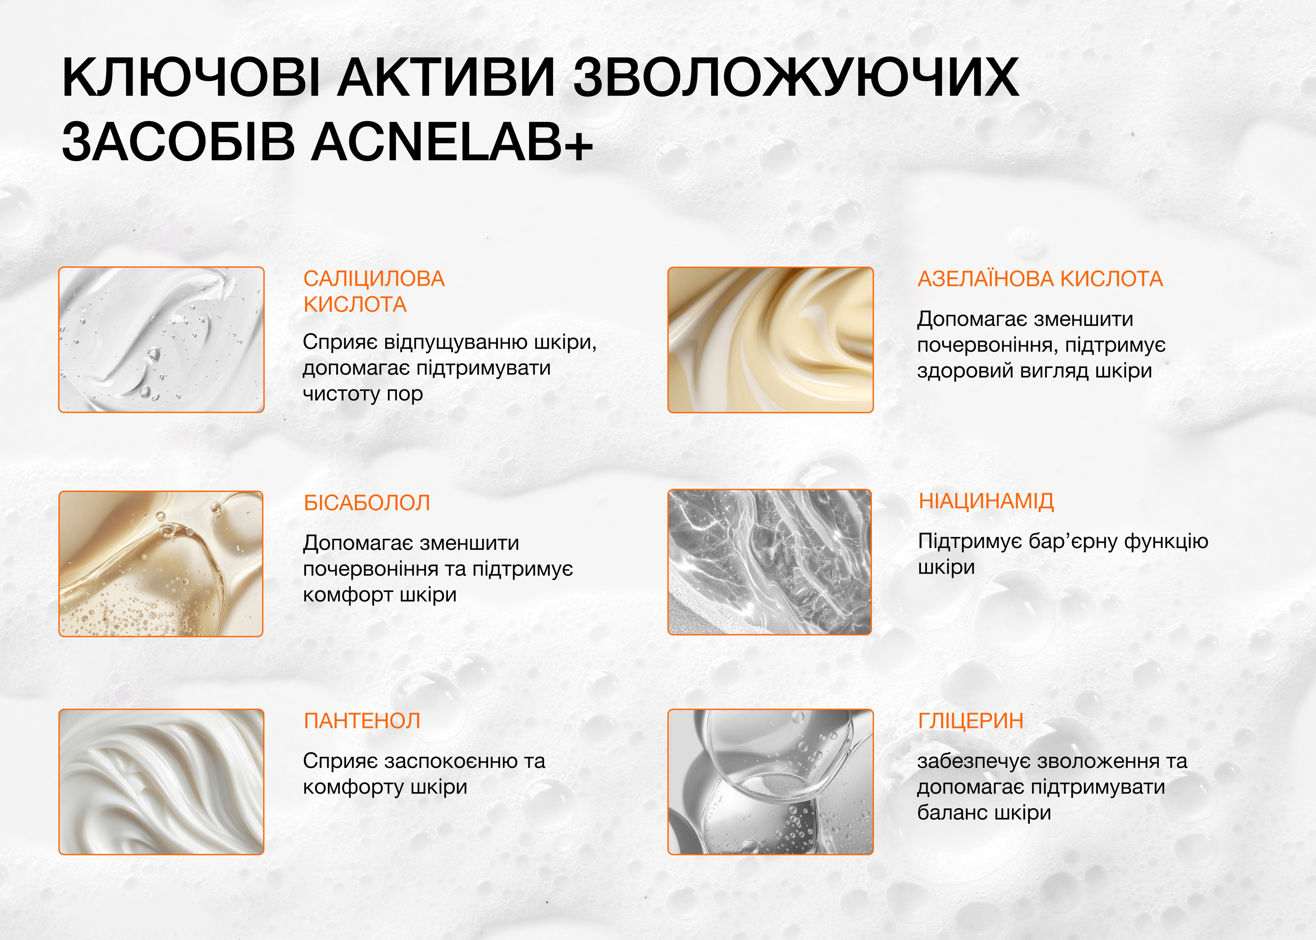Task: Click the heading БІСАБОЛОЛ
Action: (x=367, y=502)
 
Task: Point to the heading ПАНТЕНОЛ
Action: (x=362, y=721)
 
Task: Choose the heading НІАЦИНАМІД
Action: (x=986, y=501)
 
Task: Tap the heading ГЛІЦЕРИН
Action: (x=971, y=721)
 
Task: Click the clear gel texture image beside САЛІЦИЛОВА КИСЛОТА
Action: (x=161, y=340)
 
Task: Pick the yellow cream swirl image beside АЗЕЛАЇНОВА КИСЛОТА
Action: (x=770, y=340)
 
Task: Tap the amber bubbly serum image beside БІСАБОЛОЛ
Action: (x=161, y=564)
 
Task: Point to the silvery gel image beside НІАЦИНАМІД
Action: (x=769, y=562)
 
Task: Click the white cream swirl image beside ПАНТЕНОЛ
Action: (x=161, y=782)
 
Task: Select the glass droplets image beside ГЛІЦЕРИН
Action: (x=770, y=782)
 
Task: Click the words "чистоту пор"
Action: (x=363, y=394)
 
